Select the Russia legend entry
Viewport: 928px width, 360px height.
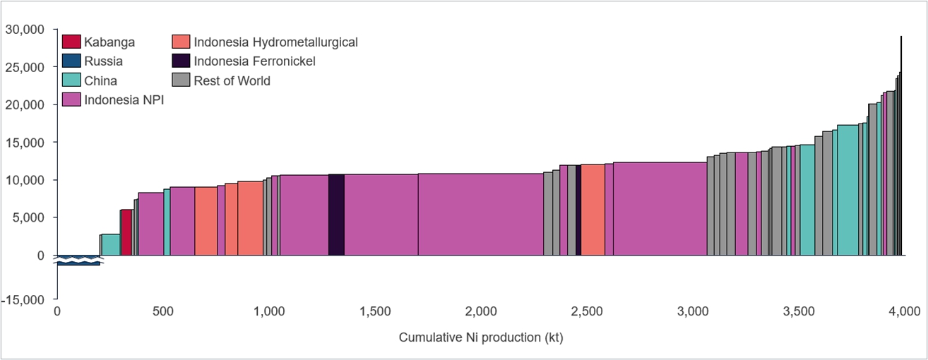[103, 61]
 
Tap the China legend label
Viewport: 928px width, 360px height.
[101, 80]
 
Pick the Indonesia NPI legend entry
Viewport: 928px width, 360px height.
[124, 100]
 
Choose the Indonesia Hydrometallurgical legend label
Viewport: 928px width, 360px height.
[275, 42]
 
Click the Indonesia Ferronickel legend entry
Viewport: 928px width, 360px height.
[254, 61]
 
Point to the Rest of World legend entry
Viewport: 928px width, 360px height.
[232, 80]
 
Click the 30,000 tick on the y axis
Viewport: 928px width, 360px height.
[25, 30]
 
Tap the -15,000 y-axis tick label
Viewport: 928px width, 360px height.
[23, 300]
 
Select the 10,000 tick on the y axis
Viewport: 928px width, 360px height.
[25, 180]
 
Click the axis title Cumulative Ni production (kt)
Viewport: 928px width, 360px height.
[481, 337]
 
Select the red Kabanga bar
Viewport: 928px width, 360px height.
[126, 232]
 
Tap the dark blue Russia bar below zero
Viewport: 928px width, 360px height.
[78, 260]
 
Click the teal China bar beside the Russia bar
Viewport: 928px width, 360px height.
[111, 244]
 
